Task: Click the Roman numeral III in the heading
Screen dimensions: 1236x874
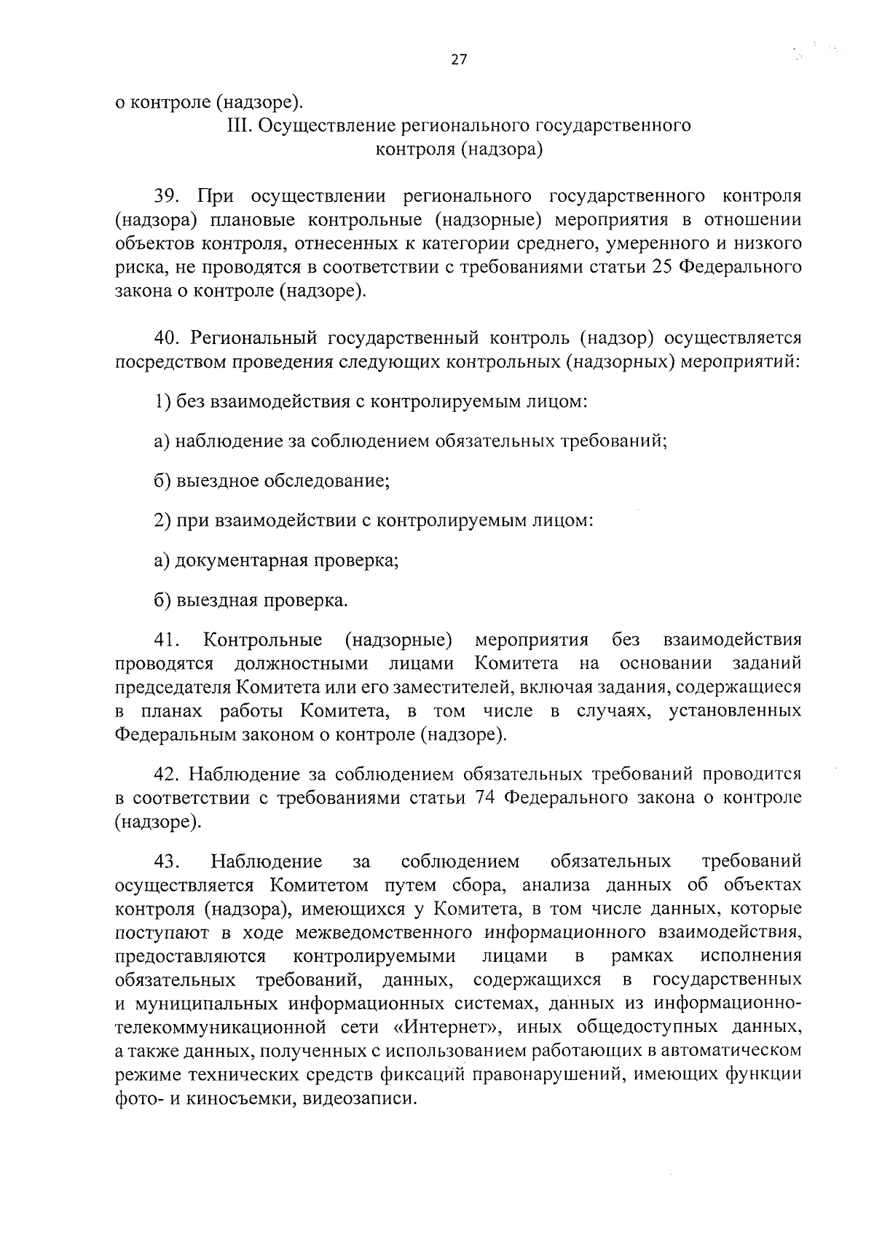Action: coord(239,126)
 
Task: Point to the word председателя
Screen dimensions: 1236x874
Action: coord(171,687)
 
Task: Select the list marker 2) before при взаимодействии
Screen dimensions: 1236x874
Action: coord(162,521)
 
